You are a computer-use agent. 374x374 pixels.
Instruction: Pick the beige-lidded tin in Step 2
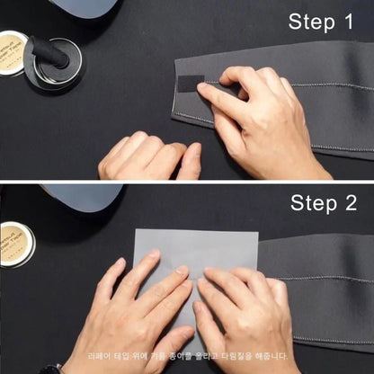(x=15, y=242)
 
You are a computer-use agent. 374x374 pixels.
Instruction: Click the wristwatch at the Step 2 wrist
(x=56, y=369)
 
